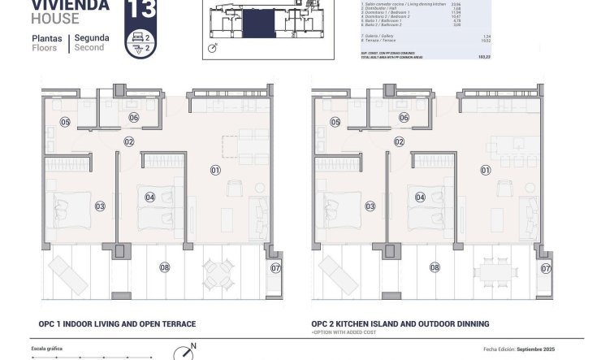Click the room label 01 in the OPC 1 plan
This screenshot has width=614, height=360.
[x=215, y=170]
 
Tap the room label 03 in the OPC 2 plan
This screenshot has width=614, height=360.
[x=371, y=206]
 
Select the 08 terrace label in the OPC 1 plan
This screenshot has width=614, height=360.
[x=164, y=267]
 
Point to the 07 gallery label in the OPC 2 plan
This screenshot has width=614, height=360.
[x=546, y=267]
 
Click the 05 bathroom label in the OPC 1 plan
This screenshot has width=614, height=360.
[x=64, y=123]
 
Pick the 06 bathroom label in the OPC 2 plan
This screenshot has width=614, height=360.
[x=404, y=118]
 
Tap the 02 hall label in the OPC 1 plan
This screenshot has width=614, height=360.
[x=128, y=141]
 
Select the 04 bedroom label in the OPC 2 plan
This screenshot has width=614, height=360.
[x=421, y=197]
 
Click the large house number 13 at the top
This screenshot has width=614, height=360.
[x=142, y=11]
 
